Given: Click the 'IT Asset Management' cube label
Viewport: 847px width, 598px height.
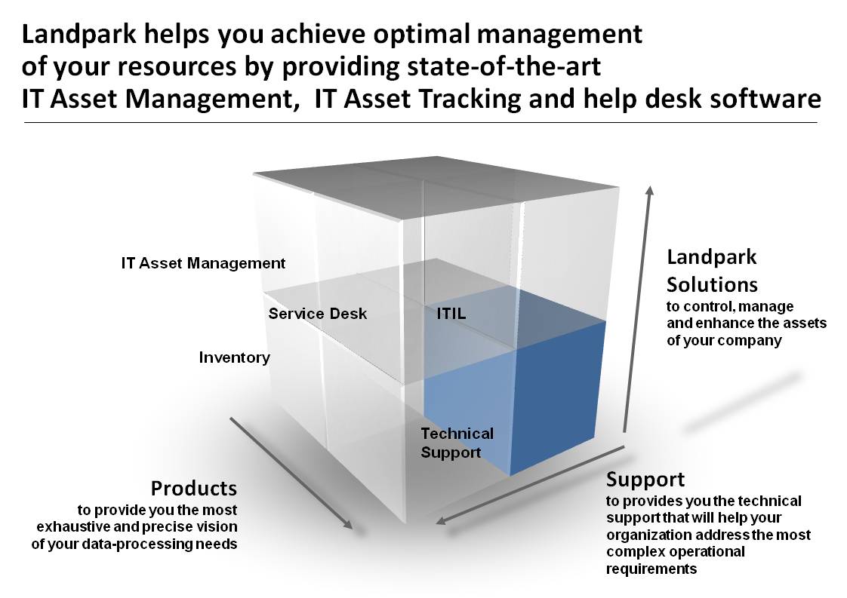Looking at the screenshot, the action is (203, 263).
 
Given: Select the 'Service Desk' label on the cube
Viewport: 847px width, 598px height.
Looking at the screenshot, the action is (318, 314).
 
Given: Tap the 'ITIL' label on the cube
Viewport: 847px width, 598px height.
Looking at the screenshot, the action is (451, 314).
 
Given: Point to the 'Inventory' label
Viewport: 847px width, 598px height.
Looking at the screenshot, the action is (235, 357).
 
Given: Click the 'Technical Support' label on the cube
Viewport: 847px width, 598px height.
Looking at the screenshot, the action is (457, 443).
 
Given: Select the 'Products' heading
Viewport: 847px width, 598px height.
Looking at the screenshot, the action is (194, 489).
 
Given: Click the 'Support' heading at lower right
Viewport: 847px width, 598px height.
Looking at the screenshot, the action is (645, 480).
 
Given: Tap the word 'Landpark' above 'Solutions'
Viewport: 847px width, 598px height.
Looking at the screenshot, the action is (711, 257).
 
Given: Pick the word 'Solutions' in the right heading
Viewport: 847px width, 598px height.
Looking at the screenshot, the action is (712, 284).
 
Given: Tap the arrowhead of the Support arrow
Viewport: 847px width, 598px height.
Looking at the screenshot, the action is (441, 521).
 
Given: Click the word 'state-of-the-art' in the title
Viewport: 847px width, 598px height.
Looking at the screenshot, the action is (504, 66).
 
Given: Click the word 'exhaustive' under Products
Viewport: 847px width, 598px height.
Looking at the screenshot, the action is (73, 527).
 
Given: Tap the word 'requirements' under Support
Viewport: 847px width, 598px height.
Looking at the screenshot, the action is (651, 569).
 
